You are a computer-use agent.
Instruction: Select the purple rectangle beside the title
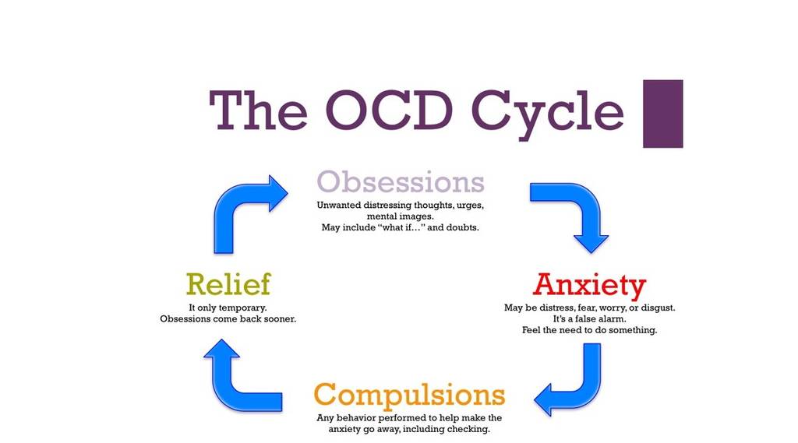click(x=662, y=114)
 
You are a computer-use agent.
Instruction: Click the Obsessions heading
click(x=400, y=181)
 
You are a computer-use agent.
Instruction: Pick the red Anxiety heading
click(x=589, y=285)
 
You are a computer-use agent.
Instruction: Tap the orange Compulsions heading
click(x=409, y=395)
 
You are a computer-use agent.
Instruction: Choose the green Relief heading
click(x=228, y=284)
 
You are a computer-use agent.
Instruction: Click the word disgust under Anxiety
click(x=656, y=308)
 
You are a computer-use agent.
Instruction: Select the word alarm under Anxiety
click(x=612, y=319)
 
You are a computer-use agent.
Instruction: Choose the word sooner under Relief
click(x=278, y=319)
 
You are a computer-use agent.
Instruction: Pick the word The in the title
click(x=257, y=111)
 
